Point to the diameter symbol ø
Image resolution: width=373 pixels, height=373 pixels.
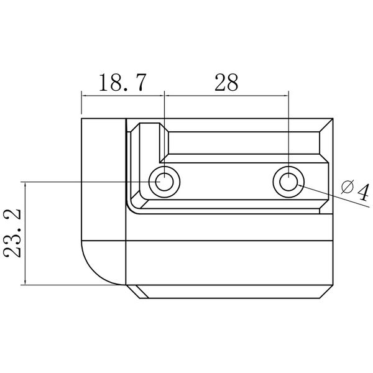click(348, 187)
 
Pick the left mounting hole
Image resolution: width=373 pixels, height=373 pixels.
click(164, 182)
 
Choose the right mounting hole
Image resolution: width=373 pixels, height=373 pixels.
click(288, 182)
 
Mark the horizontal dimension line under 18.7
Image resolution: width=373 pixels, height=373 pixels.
click(122, 95)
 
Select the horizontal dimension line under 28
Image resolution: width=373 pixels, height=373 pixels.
click(226, 95)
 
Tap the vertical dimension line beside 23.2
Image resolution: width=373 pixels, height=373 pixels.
click(25, 233)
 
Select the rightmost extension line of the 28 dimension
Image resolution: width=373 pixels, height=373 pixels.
click(288, 124)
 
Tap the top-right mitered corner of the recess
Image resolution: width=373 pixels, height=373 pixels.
click(327, 125)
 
